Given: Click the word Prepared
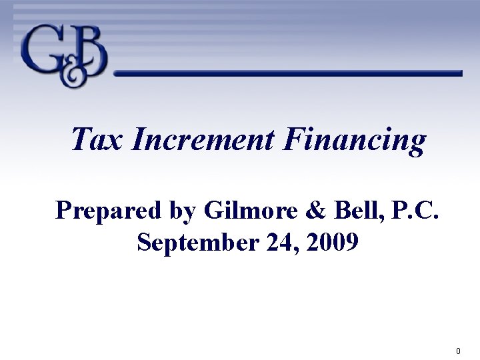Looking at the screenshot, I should [108, 211].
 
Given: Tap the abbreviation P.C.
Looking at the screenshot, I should [399, 210].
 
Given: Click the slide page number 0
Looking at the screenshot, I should [458, 351].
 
